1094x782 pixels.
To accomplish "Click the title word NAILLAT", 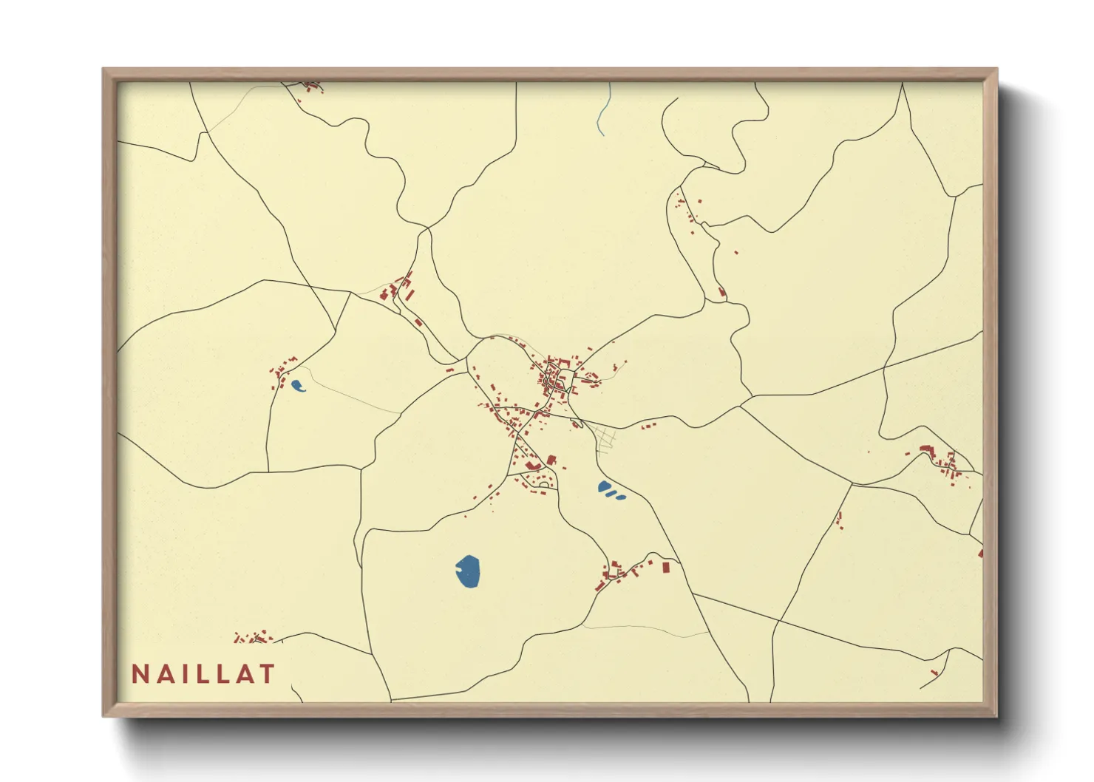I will [x=203, y=673].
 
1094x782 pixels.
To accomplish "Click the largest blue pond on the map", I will [x=467, y=571].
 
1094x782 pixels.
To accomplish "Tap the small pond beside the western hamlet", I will [x=297, y=385].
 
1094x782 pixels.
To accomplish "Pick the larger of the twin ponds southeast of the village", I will [x=605, y=487].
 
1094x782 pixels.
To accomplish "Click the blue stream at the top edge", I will [x=604, y=111].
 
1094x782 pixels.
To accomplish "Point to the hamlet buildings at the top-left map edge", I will [x=310, y=86].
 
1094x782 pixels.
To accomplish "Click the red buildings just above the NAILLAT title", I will [x=253, y=637].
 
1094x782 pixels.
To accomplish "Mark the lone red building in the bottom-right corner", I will [x=934, y=672].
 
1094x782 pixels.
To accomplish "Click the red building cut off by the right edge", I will [x=980, y=551].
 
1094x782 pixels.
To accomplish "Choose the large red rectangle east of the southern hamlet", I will [x=665, y=567].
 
